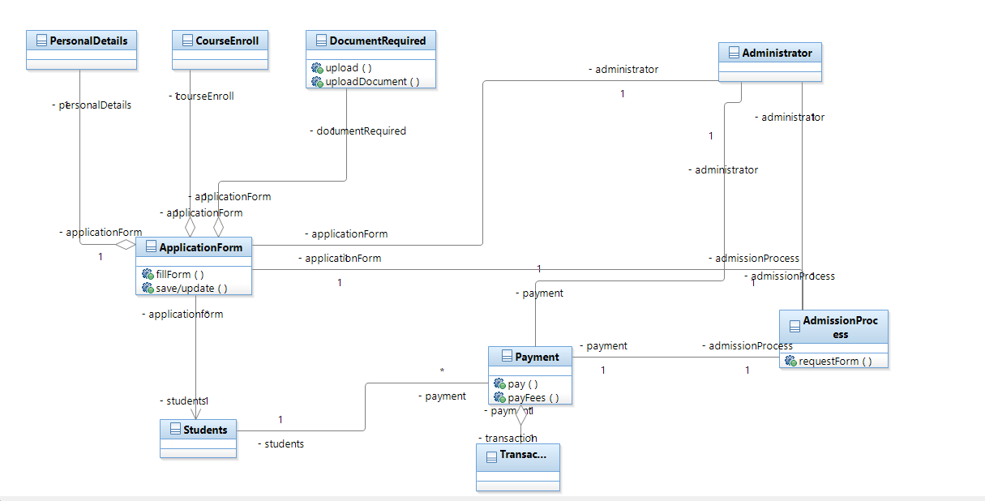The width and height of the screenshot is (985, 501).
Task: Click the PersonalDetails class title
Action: (x=88, y=41)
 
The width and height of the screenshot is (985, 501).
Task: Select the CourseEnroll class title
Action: (x=227, y=41)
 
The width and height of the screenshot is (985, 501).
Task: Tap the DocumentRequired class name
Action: (x=377, y=41)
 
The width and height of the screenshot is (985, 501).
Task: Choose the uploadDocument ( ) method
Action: (x=372, y=81)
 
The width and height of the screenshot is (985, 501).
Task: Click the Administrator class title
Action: (x=777, y=53)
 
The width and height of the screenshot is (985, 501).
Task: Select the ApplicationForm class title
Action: (x=200, y=247)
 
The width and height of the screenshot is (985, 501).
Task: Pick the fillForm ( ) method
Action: (x=179, y=274)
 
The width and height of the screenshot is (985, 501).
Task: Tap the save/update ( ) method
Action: (x=191, y=288)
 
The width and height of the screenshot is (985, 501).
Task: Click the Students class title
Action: (x=205, y=430)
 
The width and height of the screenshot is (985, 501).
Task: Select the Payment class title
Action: (x=537, y=357)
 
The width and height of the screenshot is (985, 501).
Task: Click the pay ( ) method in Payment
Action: (x=523, y=383)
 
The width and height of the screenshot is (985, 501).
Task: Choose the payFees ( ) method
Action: (x=533, y=397)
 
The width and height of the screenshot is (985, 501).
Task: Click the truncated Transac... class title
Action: (x=523, y=455)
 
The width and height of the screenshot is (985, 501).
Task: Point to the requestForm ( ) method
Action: (x=835, y=361)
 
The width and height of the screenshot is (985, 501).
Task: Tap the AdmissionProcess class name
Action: (x=840, y=327)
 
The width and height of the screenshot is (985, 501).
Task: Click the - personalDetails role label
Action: (x=91, y=105)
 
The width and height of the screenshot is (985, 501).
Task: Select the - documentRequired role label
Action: (x=358, y=131)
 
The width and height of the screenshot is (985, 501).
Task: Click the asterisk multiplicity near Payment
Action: (x=442, y=371)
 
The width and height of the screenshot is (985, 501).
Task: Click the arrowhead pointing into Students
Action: (x=195, y=413)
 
